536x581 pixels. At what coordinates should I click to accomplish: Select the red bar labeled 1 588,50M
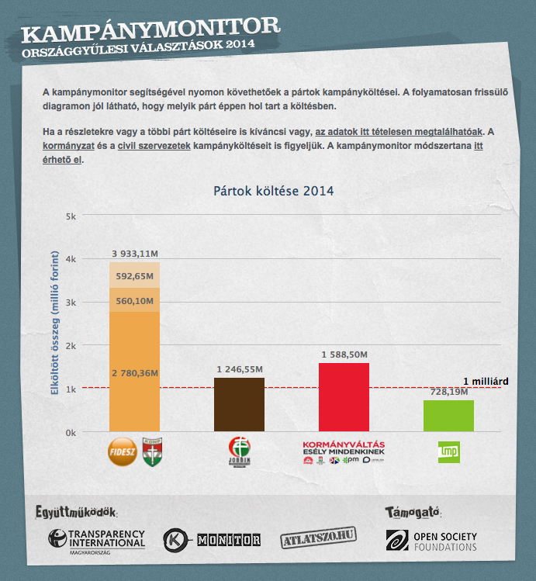[x=344, y=397]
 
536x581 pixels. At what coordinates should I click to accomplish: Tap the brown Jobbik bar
[x=239, y=404]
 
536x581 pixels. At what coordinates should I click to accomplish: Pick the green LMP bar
[x=448, y=416]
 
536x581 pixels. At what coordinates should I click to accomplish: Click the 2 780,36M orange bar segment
[x=134, y=372]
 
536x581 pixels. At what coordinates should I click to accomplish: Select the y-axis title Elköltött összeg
[x=55, y=322]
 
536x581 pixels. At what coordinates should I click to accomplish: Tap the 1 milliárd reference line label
[x=486, y=381]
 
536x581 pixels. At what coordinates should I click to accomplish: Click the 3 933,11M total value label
[x=135, y=254]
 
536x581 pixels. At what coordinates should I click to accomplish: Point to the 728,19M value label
[x=448, y=393]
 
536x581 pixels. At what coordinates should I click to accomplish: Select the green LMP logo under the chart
[x=448, y=451]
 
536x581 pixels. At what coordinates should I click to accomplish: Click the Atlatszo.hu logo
[x=318, y=540]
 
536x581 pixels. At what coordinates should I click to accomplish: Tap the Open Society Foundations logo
[x=431, y=541]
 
